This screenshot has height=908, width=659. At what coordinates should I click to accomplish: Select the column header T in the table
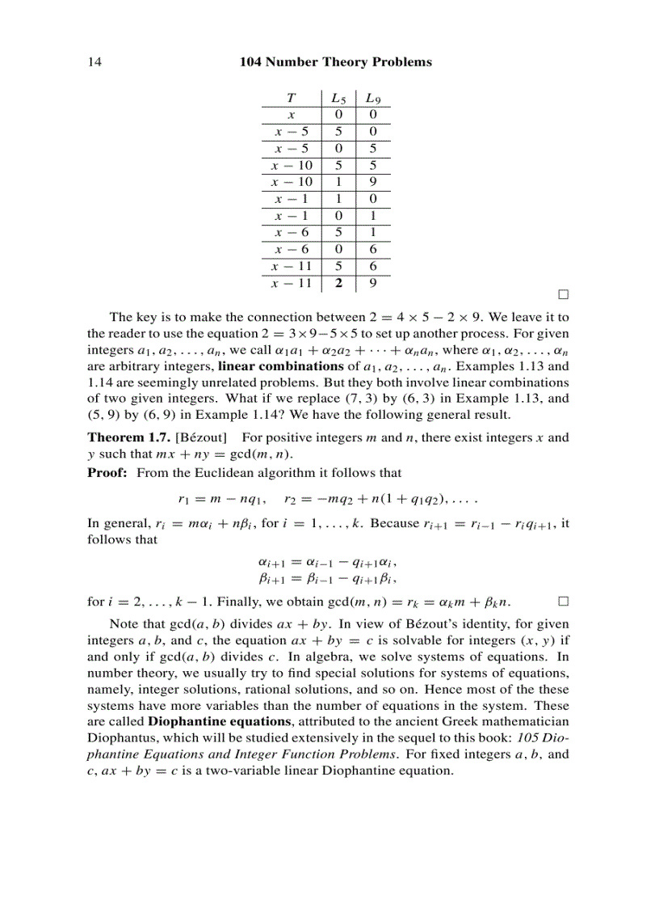291,99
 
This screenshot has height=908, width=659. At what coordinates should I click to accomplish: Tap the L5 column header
339,99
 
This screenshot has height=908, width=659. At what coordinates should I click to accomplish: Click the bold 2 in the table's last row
339,284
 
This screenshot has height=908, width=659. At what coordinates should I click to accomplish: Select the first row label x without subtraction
292,115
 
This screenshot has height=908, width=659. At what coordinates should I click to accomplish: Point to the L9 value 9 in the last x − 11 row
372,284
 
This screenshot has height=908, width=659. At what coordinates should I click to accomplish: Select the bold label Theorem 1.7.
128,437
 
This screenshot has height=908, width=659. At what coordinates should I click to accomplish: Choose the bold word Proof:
107,472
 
